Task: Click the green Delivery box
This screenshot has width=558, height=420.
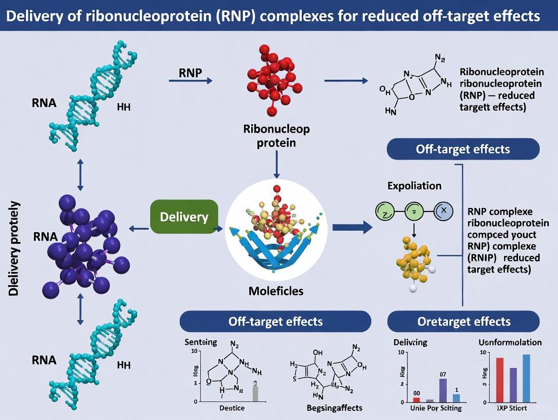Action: tap(184, 217)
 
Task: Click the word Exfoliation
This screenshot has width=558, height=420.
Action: tap(414, 186)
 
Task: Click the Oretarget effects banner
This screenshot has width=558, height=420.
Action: tap(463, 321)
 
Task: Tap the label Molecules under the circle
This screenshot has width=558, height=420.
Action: tap(276, 291)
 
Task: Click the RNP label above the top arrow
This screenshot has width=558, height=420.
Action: tap(191, 72)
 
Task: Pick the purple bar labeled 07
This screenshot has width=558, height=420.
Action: tap(443, 389)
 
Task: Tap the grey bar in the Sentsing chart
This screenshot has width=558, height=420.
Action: tap(255, 393)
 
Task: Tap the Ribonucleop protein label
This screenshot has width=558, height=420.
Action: tap(276, 136)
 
